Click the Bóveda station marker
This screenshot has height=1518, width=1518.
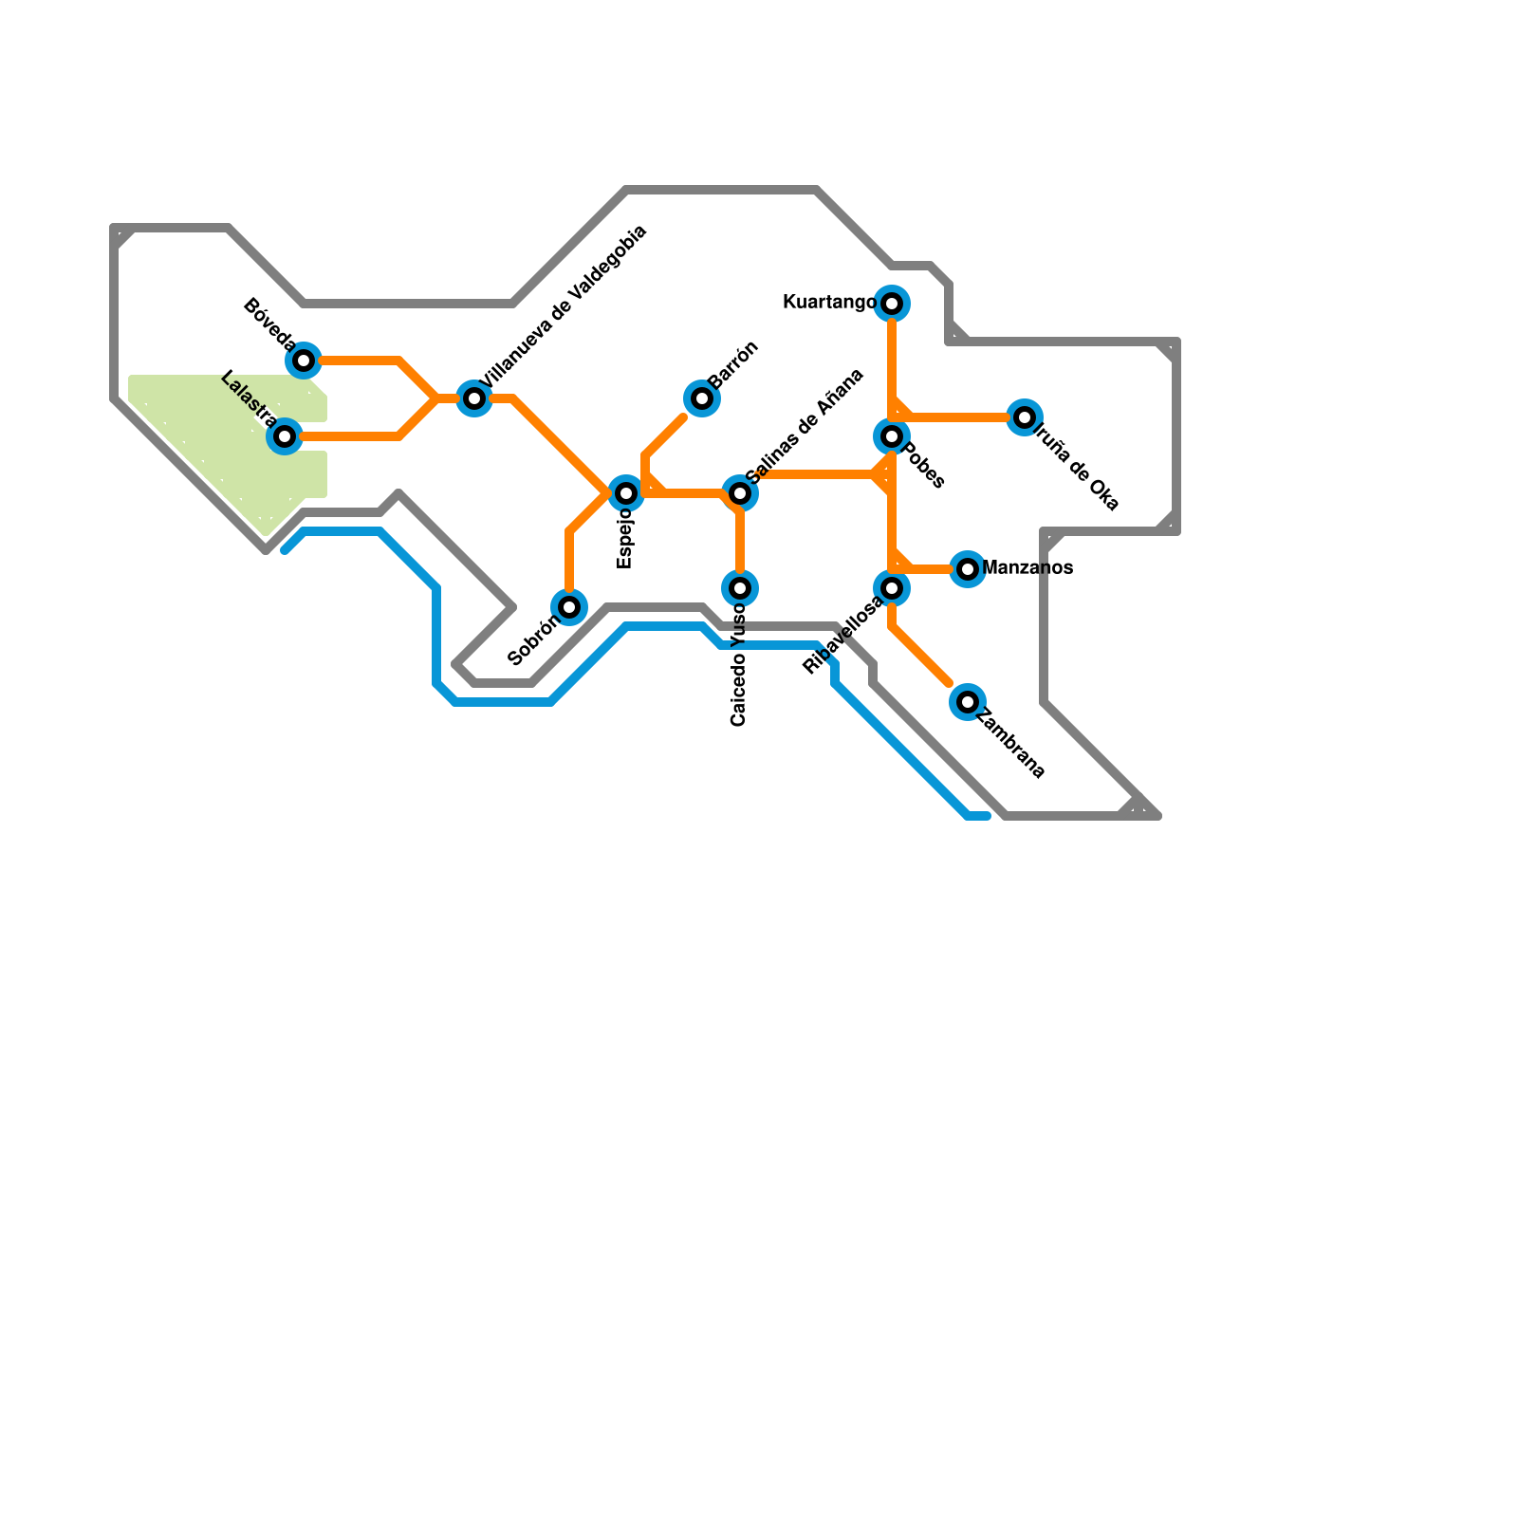pyautogui.click(x=304, y=361)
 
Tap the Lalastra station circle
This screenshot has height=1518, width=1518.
pyautogui.click(x=285, y=436)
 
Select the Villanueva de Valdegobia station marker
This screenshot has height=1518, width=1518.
pyautogui.click(x=474, y=398)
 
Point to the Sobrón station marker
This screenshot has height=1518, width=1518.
pyautogui.click(x=569, y=607)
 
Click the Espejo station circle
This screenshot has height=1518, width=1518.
pyautogui.click(x=626, y=493)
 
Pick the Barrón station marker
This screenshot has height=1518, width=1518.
pyautogui.click(x=702, y=398)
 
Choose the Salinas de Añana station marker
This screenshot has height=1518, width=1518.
pyautogui.click(x=740, y=493)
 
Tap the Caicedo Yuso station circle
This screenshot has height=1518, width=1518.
pyautogui.click(x=740, y=588)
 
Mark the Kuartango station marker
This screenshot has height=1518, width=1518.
pyautogui.click(x=892, y=304)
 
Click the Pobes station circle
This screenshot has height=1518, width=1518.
pyautogui.click(x=892, y=436)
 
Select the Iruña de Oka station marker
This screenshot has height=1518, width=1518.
pyautogui.click(x=1025, y=417)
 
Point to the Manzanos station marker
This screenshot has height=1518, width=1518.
pyautogui.click(x=968, y=569)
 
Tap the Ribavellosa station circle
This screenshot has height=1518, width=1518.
pyautogui.click(x=892, y=588)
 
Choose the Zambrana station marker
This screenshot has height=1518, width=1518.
pyautogui.click(x=968, y=702)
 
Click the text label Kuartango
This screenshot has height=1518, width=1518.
pyautogui.click(x=829, y=303)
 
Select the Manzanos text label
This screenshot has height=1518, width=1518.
pyautogui.click(x=1027, y=568)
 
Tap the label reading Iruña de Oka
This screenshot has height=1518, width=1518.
pyautogui.click(x=1077, y=467)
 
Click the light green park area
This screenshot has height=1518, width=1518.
pyautogui.click(x=218, y=436)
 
